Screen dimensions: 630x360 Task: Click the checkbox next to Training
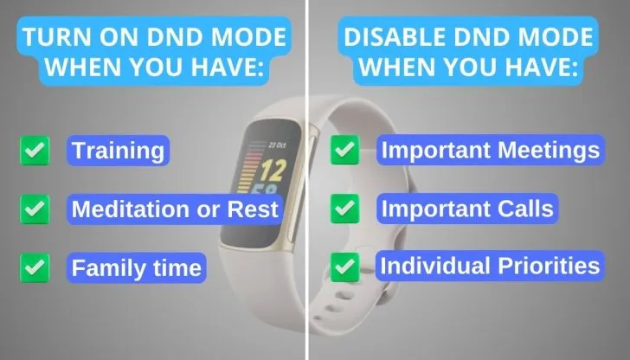tap(35, 151)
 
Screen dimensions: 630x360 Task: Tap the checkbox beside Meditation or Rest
tap(35, 209)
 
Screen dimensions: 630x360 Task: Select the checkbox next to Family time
tap(35, 267)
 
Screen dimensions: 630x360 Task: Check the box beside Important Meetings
tap(345, 150)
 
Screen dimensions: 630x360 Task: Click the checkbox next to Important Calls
tap(345, 209)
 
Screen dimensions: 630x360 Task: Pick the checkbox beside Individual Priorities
tap(345, 267)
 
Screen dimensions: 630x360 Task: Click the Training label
tap(118, 151)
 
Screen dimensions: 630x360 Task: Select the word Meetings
tap(549, 151)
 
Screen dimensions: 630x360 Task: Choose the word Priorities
tap(549, 266)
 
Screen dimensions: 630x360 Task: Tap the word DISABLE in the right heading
tap(395, 37)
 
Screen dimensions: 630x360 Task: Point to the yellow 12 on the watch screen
tap(273, 170)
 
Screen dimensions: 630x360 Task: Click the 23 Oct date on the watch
tap(277, 145)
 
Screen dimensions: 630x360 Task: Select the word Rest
tap(253, 209)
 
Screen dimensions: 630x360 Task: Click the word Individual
tap(435, 266)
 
